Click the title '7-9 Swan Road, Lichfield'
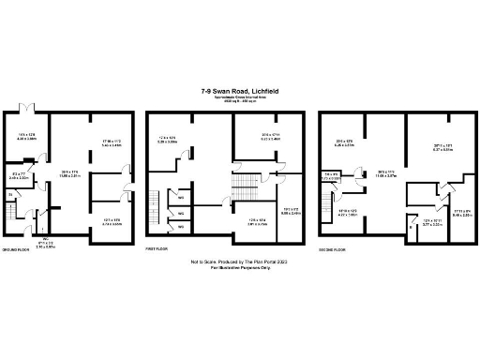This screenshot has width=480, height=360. pyautogui.click(x=239, y=91)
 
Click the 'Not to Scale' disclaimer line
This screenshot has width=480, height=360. pyautogui.click(x=239, y=262)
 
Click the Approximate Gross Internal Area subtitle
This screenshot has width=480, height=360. pyautogui.click(x=239, y=97)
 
